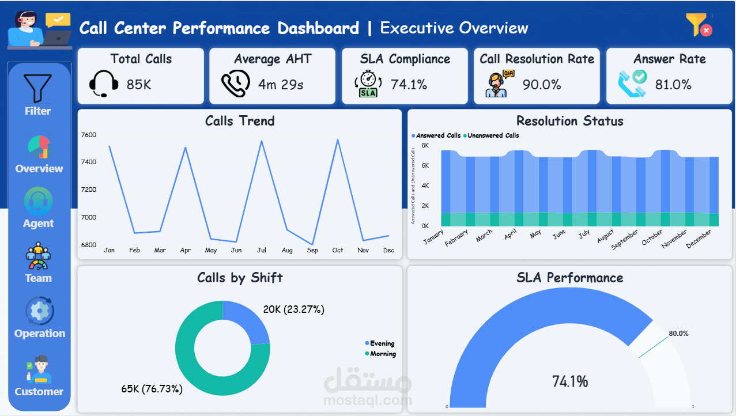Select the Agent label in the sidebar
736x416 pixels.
pos(38,224)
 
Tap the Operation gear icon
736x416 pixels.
pos(39,311)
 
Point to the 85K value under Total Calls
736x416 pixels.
pos(139,85)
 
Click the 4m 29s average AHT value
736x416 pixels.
pos(281,85)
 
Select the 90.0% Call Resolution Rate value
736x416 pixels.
pos(542,85)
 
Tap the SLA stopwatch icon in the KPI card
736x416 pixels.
pos(368,84)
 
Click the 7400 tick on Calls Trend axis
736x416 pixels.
pos(89,162)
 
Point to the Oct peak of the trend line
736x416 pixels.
pos(338,140)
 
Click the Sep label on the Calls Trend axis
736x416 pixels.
pos(312,251)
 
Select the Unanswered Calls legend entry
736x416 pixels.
pos(491,135)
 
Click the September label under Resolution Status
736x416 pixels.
pos(624,239)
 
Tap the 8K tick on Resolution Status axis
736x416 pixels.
pos(425,145)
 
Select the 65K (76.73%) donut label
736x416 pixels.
pos(152,389)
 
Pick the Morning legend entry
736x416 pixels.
pos(380,354)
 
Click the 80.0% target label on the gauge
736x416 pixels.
pos(678,334)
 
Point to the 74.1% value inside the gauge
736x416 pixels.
pos(570,381)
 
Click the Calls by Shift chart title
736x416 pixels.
pos(240,278)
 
